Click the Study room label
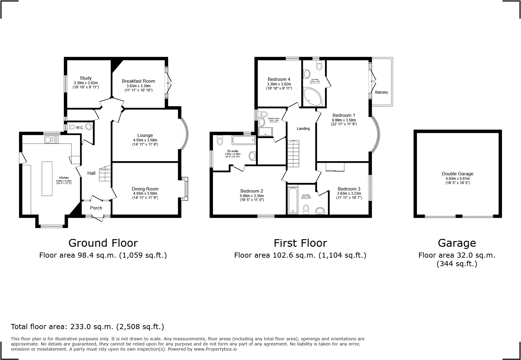86,78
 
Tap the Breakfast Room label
138,81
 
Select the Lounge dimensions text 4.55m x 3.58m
145,140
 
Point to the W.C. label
80,128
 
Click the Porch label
96,208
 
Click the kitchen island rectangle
47,178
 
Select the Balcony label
381,92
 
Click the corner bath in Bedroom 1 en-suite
312,97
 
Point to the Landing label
303,129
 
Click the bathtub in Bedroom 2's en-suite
243,140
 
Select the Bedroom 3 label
349,189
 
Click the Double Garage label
457,174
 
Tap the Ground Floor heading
103,243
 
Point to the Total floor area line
87,327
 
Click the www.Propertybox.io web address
215,349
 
